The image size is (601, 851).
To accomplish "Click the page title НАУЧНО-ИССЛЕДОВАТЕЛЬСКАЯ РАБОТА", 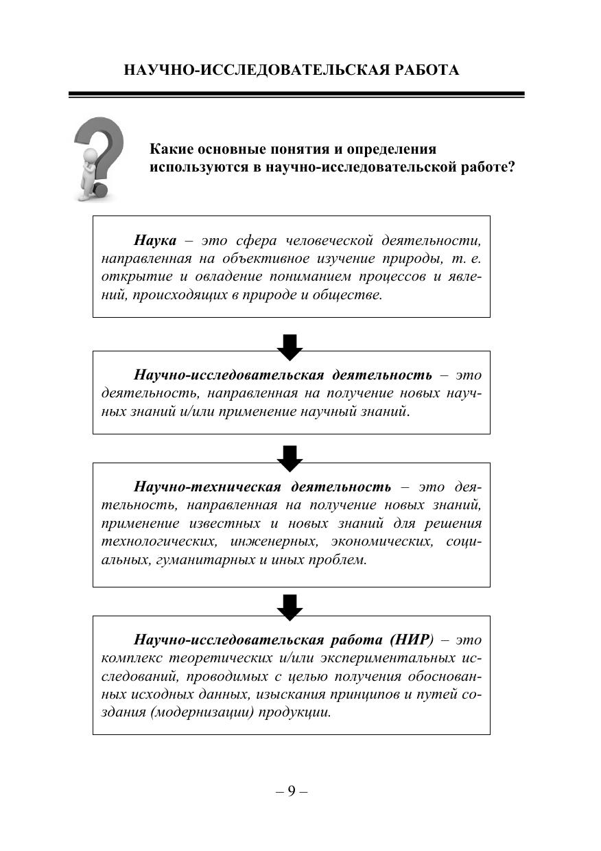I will pyautogui.click(x=292, y=70).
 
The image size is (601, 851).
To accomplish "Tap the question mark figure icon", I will pyautogui.click(x=99, y=159).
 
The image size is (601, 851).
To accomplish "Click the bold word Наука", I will pyautogui.click(x=155, y=241).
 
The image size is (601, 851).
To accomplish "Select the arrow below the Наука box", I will pyautogui.click(x=290, y=347).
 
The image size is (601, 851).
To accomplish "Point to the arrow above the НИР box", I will pyautogui.click(x=290, y=607).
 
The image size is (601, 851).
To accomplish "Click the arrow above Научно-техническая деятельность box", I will pyautogui.click(x=290, y=458).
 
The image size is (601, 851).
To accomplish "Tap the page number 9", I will pyautogui.click(x=292, y=791).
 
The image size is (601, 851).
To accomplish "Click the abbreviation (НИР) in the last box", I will pyautogui.click(x=412, y=640).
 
